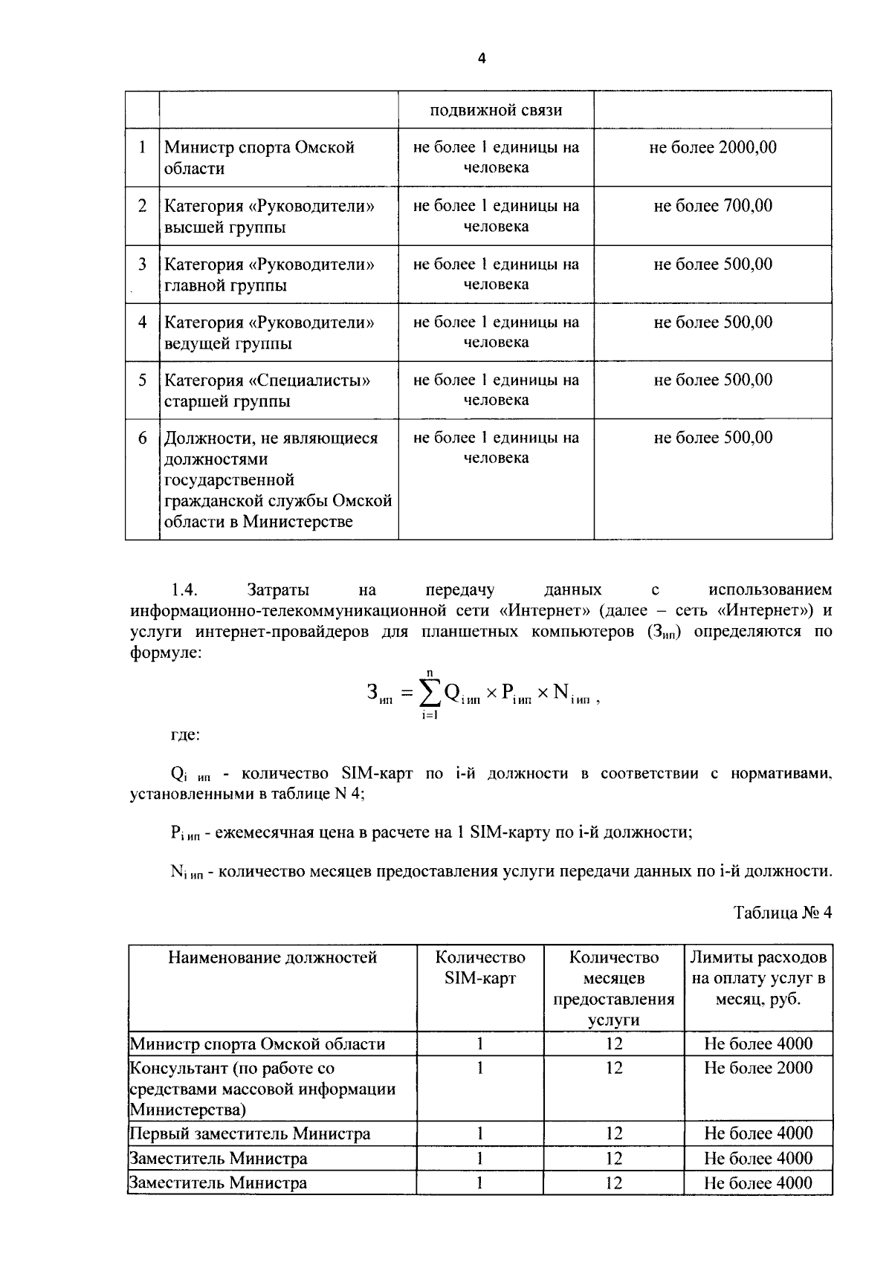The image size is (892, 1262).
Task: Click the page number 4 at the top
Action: click(481, 58)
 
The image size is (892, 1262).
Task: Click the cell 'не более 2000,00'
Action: click(712, 147)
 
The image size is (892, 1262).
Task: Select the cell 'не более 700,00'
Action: click(712, 206)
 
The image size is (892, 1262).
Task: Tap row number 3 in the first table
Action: click(142, 265)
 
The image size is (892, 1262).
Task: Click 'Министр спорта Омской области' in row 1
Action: click(259, 158)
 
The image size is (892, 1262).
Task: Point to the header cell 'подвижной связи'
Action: click(496, 111)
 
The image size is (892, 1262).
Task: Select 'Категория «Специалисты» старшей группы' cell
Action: click(267, 391)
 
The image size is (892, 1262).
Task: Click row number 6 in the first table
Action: click(142, 438)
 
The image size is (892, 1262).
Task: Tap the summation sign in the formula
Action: click(429, 693)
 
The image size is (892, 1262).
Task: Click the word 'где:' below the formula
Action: click(185, 735)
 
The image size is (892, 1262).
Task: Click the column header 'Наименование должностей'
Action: click(272, 957)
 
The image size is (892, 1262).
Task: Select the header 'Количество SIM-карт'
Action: click(479, 968)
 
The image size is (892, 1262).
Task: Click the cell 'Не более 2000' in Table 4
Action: click(757, 1068)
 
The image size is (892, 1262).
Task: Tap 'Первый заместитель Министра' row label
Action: click(250, 1134)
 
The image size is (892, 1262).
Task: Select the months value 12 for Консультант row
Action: click(613, 1068)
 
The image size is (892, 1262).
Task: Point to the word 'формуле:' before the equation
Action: click(165, 653)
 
